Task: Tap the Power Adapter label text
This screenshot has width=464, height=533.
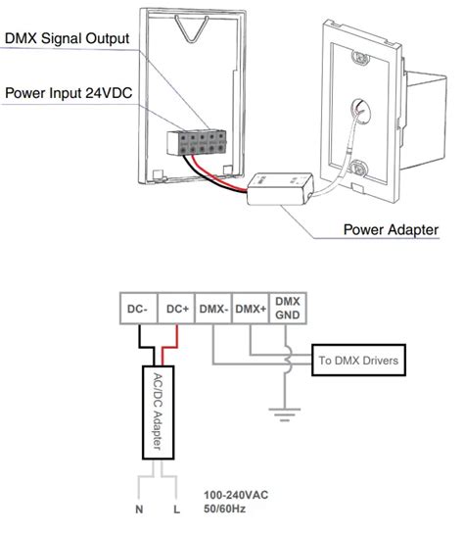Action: click(x=391, y=230)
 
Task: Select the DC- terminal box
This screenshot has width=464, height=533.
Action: click(x=136, y=309)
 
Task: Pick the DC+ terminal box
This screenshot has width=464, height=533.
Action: click(x=176, y=309)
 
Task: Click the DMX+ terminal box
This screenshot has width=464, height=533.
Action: click(x=252, y=309)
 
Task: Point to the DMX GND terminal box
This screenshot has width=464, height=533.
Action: click(x=288, y=308)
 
